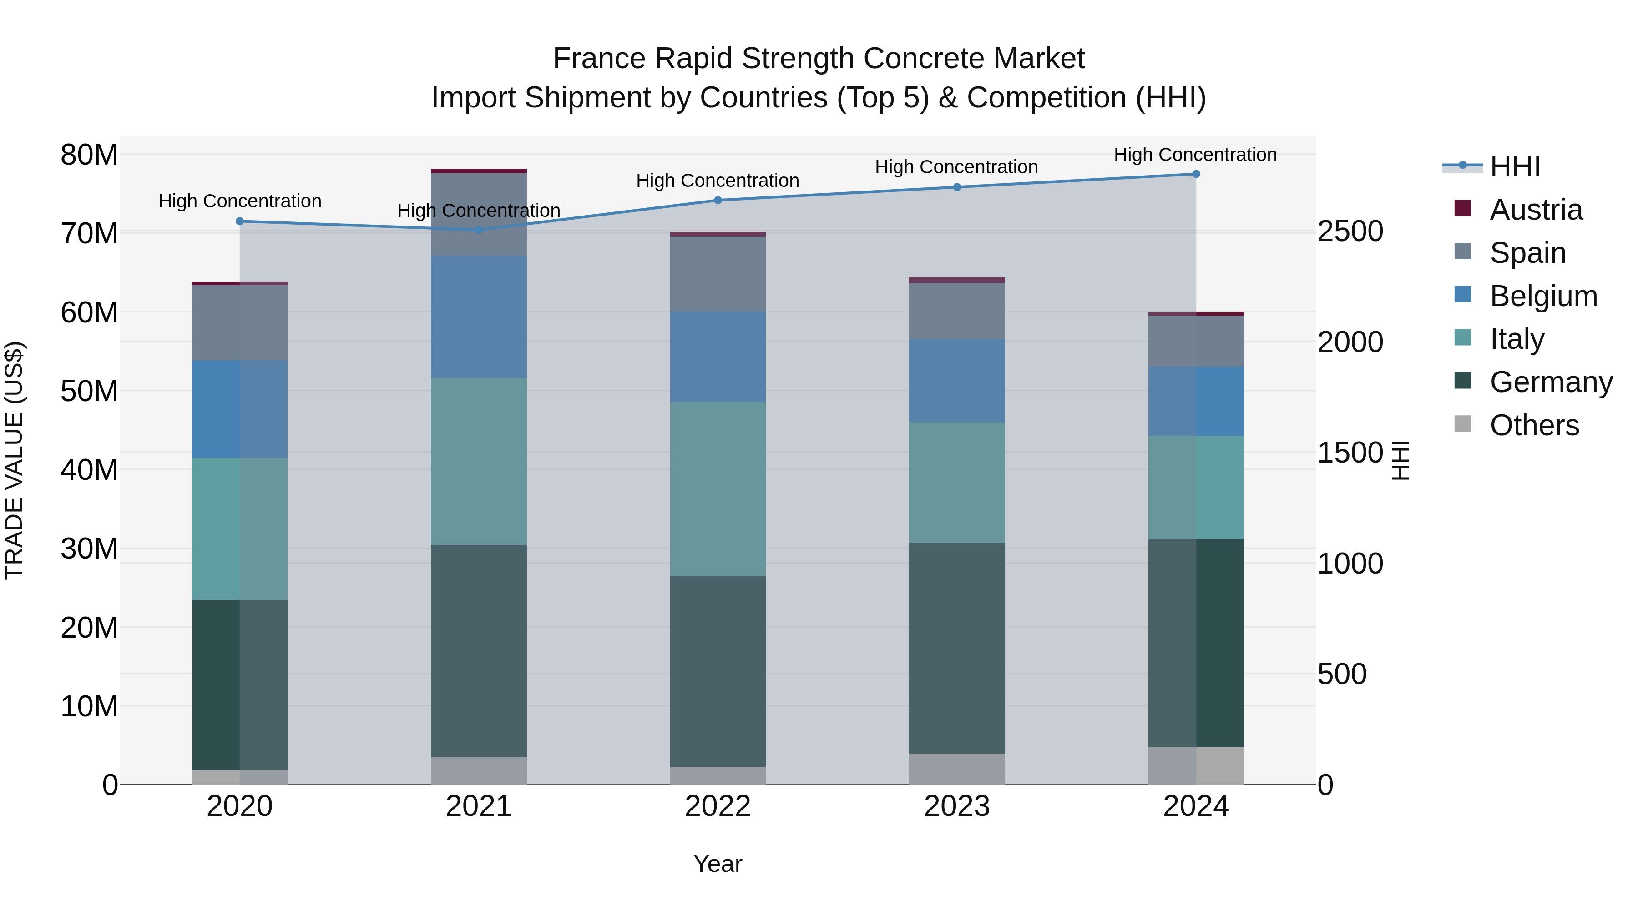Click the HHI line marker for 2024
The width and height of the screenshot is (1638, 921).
pyautogui.click(x=1195, y=174)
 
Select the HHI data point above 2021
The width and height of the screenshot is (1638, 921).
pyautogui.click(x=479, y=230)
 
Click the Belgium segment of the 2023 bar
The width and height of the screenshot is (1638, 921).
pyautogui.click(x=956, y=380)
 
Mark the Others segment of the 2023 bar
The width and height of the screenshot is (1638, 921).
pyautogui.click(x=956, y=769)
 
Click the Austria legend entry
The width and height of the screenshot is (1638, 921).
pyautogui.click(x=1535, y=210)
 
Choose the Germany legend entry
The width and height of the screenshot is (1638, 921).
pyautogui.click(x=1550, y=382)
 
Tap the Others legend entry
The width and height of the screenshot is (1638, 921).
pyautogui.click(x=1534, y=425)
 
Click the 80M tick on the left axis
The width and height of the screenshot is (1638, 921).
pyautogui.click(x=89, y=155)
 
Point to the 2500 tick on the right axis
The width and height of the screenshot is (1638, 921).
pyautogui.click(x=1350, y=232)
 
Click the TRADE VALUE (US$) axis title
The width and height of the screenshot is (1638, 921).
pyautogui.click(x=14, y=460)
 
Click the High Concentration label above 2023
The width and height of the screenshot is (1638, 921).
pyautogui.click(x=956, y=167)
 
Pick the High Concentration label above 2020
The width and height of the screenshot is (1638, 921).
pyautogui.click(x=240, y=201)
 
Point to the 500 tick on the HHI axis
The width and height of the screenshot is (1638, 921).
pyautogui.click(x=1342, y=674)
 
